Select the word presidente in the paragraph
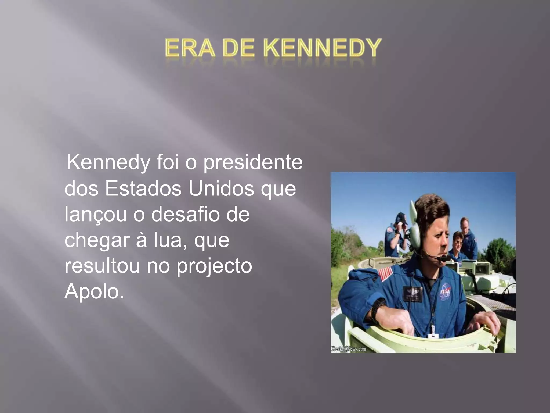coord(253,163)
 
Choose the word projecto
coord(214,266)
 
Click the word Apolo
coord(94,291)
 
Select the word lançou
coord(95,215)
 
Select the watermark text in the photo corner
coord(348,349)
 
